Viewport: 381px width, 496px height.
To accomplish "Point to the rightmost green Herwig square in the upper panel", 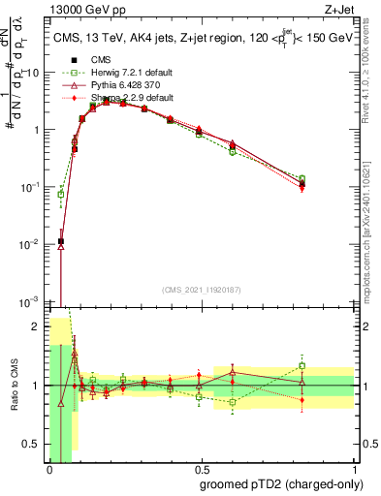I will (x=302, y=178).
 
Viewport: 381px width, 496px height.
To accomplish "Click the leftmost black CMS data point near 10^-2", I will (x=61, y=241).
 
